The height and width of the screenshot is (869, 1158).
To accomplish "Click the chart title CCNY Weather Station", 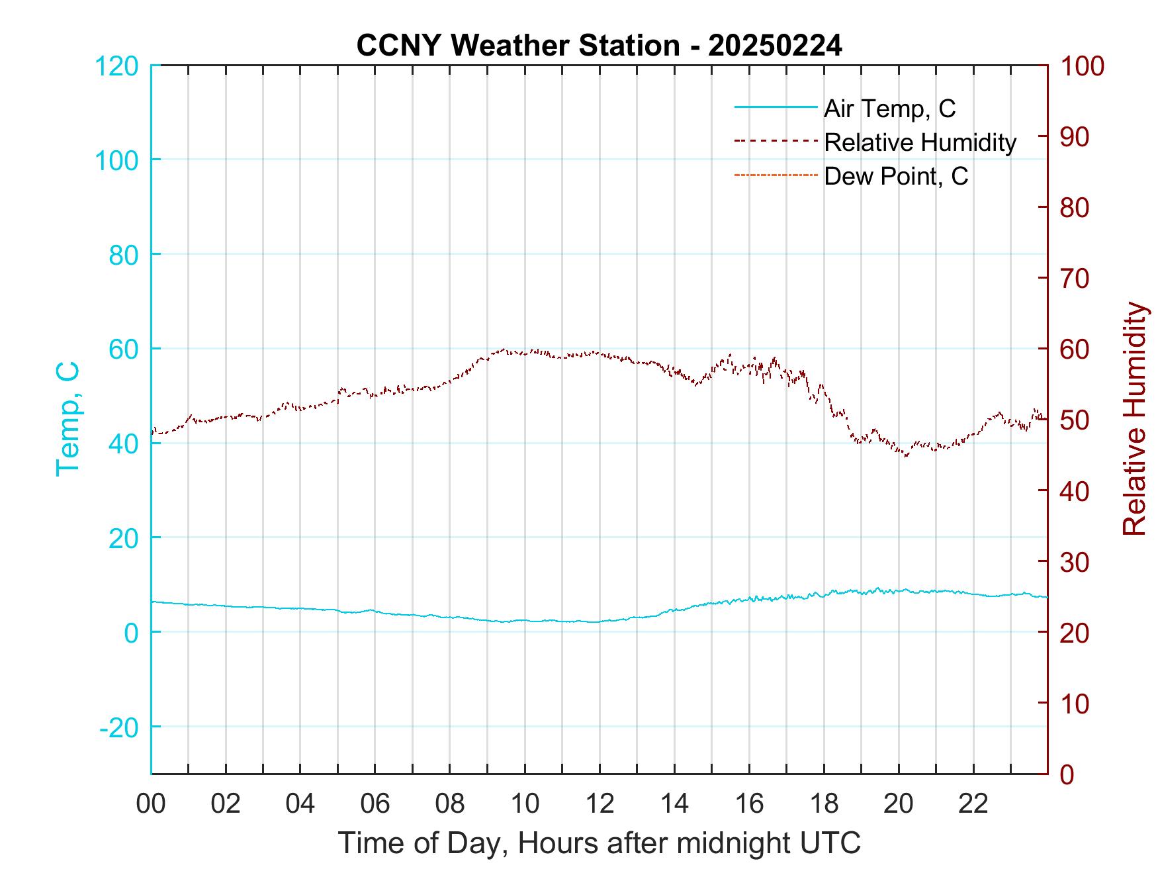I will click(599, 46).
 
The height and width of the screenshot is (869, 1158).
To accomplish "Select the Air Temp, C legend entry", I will click(889, 109).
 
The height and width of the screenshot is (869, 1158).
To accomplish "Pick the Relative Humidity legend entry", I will click(919, 142).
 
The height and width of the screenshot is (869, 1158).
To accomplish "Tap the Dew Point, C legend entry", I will click(895, 176).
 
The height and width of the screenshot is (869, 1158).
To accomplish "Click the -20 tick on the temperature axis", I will click(119, 727).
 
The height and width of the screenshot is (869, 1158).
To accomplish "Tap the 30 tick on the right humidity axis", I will click(1075, 562).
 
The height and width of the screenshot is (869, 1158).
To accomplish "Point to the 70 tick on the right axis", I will click(1075, 279).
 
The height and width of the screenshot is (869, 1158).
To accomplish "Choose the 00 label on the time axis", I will click(151, 803).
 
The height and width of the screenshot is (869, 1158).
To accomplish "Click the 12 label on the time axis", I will click(600, 803).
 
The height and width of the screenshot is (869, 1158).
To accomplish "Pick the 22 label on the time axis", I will click(973, 803).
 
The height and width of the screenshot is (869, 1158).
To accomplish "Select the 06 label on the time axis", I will click(375, 803).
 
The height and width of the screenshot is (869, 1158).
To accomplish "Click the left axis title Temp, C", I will click(67, 419).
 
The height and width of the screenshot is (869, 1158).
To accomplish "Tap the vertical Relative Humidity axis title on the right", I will click(1134, 419).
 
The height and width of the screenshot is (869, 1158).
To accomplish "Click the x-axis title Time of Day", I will click(599, 843).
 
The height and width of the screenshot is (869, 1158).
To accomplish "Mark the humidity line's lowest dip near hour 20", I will click(906, 455).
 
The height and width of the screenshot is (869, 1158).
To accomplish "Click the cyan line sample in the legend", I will click(776, 108).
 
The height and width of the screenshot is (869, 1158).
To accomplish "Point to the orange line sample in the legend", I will click(776, 175).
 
